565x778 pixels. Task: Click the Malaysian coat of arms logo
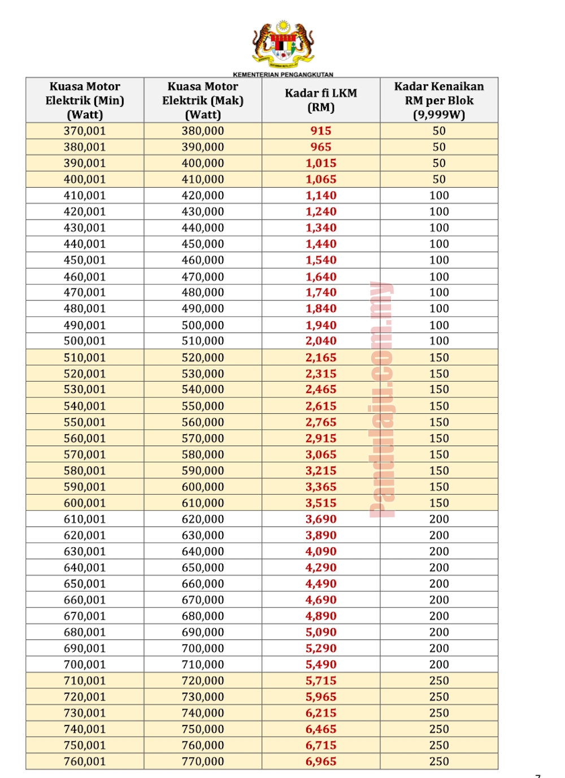[283, 44]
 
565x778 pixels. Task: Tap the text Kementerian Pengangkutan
[283, 74]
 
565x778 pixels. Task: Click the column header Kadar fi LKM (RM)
[321, 100]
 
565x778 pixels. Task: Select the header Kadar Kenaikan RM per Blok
[439, 100]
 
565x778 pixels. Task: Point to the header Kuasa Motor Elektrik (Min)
[85, 100]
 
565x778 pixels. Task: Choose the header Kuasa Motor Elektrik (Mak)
[203, 100]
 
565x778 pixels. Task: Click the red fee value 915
[321, 131]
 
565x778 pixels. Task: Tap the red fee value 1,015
[321, 163]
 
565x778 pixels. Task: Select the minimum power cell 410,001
[85, 195]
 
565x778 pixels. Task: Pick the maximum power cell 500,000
[203, 325]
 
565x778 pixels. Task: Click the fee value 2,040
[321, 341]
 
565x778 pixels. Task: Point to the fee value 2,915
[321, 438]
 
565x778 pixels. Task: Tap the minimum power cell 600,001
[85, 503]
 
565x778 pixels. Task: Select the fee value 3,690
[321, 519]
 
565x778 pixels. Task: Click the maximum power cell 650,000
[203, 567]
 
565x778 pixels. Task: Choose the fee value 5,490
[321, 664]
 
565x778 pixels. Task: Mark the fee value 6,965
[321, 761]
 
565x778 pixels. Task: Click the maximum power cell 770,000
[203, 761]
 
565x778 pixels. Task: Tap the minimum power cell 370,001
[85, 131]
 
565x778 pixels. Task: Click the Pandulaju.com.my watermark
[382, 399]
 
